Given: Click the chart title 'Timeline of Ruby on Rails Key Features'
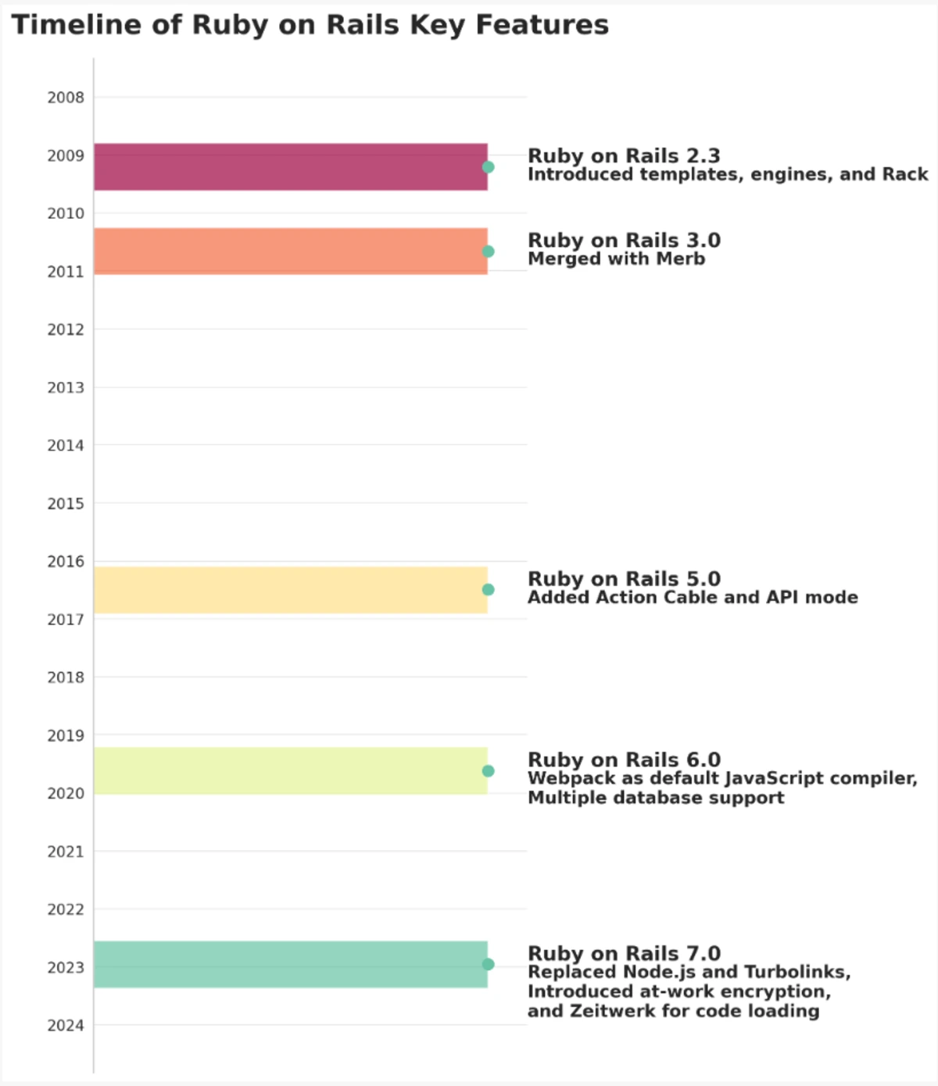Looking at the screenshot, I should [310, 25].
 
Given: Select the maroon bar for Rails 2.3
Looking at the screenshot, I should [290, 166].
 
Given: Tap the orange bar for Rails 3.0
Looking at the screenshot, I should [290, 251].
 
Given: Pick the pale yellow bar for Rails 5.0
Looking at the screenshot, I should [290, 590].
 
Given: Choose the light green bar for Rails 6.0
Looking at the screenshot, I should [290, 771].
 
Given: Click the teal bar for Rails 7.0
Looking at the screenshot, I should [290, 964].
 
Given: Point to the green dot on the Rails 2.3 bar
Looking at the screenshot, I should [488, 167].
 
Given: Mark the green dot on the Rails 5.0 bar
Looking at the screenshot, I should [488, 590].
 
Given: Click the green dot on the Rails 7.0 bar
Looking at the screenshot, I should [488, 965].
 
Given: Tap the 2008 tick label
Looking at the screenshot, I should [66, 98].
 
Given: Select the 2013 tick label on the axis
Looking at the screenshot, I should [66, 388].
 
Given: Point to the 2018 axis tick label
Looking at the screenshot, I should [66, 677].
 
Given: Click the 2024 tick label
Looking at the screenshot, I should [66, 1026].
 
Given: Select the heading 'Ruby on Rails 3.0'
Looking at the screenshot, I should [624, 240].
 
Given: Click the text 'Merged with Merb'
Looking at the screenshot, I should [616, 259].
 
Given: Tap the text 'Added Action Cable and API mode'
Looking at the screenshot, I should [693, 598].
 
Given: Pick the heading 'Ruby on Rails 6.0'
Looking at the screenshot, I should [624, 759].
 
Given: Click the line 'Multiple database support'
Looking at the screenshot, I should [656, 798].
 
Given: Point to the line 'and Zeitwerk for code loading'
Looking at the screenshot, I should [673, 1011].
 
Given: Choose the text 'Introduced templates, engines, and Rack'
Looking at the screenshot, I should [728, 174].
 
